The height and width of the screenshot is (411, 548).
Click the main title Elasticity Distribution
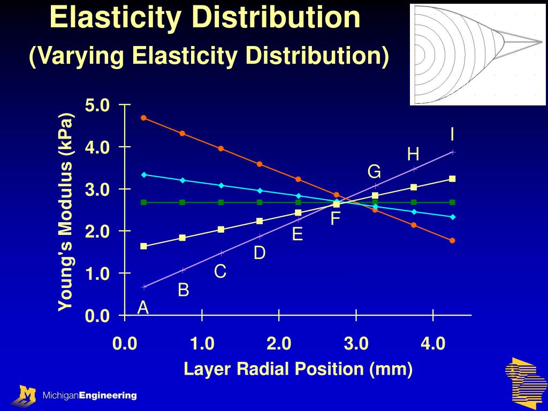(x=205, y=17)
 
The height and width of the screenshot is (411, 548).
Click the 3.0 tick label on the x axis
(x=356, y=344)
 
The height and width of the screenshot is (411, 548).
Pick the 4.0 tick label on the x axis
(x=433, y=344)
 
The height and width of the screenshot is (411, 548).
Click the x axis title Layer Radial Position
(x=298, y=369)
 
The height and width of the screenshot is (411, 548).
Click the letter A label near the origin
(x=143, y=308)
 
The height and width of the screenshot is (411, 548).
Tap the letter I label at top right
(x=452, y=134)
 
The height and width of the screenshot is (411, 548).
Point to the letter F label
(x=336, y=219)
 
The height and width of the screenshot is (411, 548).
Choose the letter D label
(x=260, y=253)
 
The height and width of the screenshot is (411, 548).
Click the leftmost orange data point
(x=143, y=118)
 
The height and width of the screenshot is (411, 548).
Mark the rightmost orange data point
(x=452, y=241)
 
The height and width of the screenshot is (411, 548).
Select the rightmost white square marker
(x=452, y=179)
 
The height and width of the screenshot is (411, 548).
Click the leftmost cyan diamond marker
(x=143, y=174)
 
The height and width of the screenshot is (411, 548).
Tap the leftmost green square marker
(x=143, y=202)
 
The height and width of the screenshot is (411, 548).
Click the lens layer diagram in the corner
(x=477, y=54)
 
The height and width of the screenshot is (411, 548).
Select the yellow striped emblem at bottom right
(x=523, y=382)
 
